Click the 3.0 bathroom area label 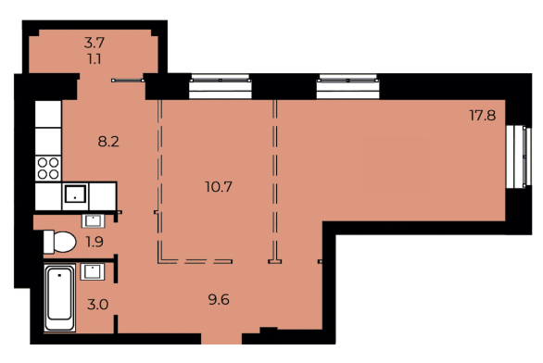98,303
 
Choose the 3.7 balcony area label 94,42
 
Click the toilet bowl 58,243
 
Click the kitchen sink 76,195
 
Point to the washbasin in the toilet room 94,220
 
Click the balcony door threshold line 129,81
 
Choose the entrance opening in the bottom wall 269,330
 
